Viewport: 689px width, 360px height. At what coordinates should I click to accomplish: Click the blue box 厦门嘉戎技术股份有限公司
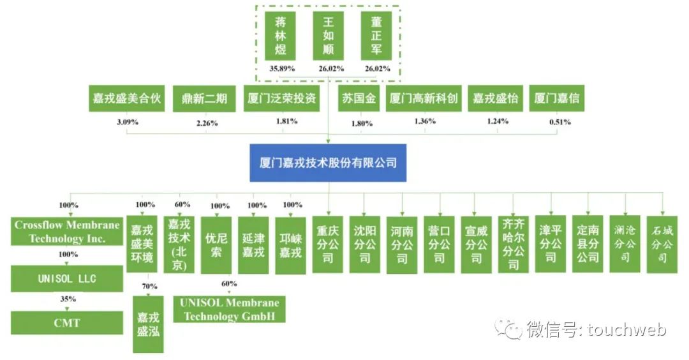point(328,162)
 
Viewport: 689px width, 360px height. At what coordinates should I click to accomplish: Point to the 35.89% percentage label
point(282,68)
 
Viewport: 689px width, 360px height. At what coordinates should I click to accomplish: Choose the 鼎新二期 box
point(200,100)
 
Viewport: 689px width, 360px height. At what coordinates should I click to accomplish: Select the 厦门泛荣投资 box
point(281,100)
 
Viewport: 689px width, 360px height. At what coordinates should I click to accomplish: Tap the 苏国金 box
point(359,100)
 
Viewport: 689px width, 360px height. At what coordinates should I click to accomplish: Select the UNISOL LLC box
point(67,278)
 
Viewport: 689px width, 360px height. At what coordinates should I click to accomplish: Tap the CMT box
point(67,322)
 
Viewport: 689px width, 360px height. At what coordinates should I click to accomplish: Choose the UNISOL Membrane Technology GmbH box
point(230,309)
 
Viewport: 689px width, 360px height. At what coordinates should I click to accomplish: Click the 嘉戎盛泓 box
point(148,324)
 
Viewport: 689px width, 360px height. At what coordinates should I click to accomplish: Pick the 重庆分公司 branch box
point(328,244)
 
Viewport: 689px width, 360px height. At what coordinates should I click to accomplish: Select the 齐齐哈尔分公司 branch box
point(513,244)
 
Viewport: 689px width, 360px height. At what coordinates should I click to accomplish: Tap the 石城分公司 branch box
point(662,244)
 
